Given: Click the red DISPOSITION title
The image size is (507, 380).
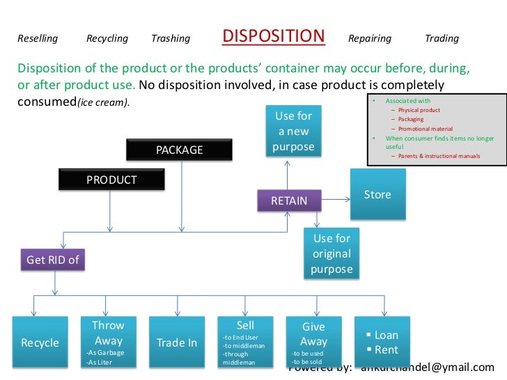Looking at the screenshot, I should (x=274, y=36).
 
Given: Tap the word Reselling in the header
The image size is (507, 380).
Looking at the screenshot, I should (x=37, y=39).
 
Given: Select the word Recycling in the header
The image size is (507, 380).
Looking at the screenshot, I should (x=107, y=39).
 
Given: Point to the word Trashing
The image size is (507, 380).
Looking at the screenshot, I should (x=171, y=39).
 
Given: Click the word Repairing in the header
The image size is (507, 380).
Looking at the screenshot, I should (x=369, y=39).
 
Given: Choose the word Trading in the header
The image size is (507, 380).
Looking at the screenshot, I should (x=442, y=39).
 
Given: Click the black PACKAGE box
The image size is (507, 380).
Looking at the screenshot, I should (x=180, y=150).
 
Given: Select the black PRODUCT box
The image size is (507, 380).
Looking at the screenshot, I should (x=111, y=180).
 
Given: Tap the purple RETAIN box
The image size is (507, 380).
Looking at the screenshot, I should (x=289, y=200).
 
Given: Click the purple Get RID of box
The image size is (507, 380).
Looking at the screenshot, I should (x=53, y=260).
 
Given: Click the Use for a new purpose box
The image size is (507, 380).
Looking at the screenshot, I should (x=293, y=131).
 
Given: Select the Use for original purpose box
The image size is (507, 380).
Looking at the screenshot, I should (x=331, y=253).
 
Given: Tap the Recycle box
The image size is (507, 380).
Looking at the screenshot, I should (x=40, y=342).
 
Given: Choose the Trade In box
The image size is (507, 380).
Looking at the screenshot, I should (x=176, y=342).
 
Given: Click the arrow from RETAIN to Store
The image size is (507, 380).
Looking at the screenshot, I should (x=337, y=200).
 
